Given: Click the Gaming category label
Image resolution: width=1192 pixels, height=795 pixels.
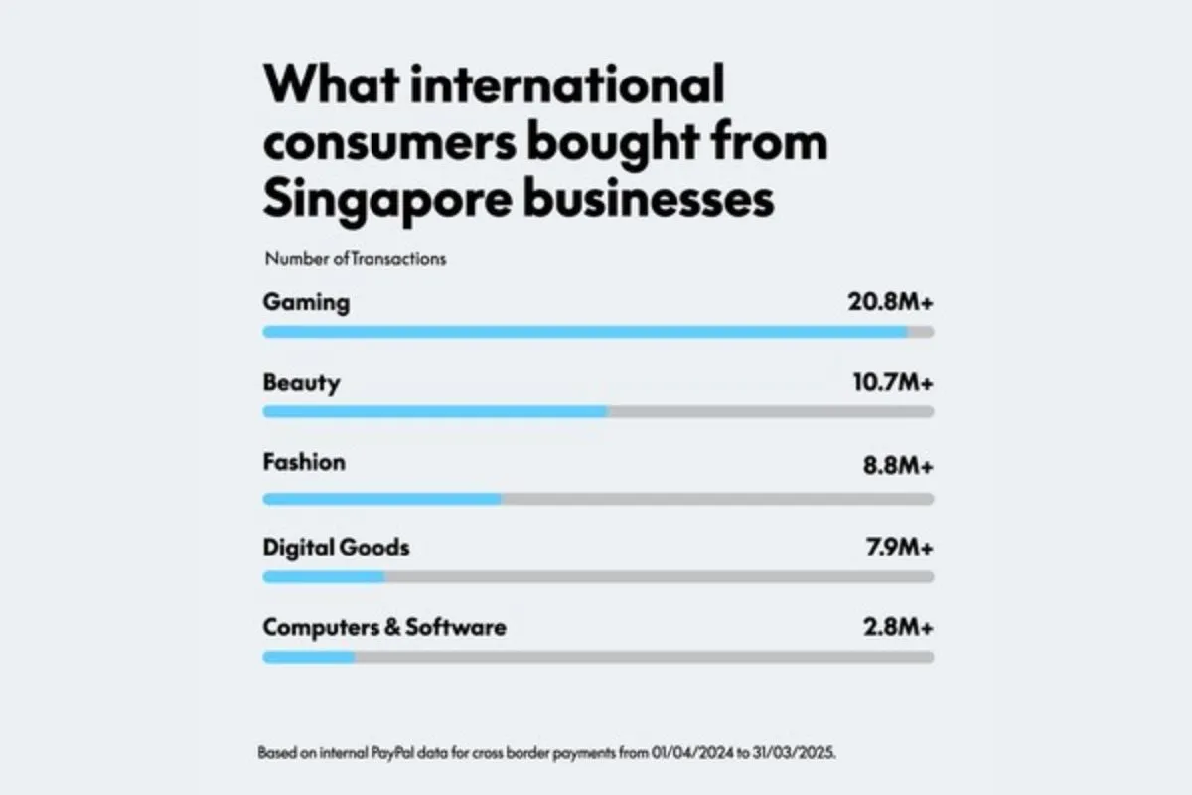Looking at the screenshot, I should pos(306,303).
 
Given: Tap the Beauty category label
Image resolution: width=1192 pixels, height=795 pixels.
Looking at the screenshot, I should pos(301,383).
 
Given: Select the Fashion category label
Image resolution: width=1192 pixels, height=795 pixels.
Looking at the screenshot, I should pos(304,462).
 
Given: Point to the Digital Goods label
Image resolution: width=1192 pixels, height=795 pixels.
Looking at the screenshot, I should pos(336,547).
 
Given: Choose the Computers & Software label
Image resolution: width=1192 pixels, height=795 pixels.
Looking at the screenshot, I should pos(384,627).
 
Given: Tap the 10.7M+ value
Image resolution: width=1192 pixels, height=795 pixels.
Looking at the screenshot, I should pos(887,383).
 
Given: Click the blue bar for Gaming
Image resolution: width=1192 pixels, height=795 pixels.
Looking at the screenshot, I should pos(585,332).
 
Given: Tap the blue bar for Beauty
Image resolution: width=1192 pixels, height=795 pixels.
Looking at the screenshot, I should pos(435,411).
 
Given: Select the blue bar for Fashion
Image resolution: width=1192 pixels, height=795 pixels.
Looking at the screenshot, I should pos(382,499).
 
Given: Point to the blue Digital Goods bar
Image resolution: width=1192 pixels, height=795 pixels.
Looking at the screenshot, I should pos(324,576).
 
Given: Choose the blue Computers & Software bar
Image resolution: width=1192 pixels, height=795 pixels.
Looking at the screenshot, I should pos(309,657).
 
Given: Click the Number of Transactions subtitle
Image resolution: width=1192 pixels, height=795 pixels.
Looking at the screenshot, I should pos(356,259).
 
